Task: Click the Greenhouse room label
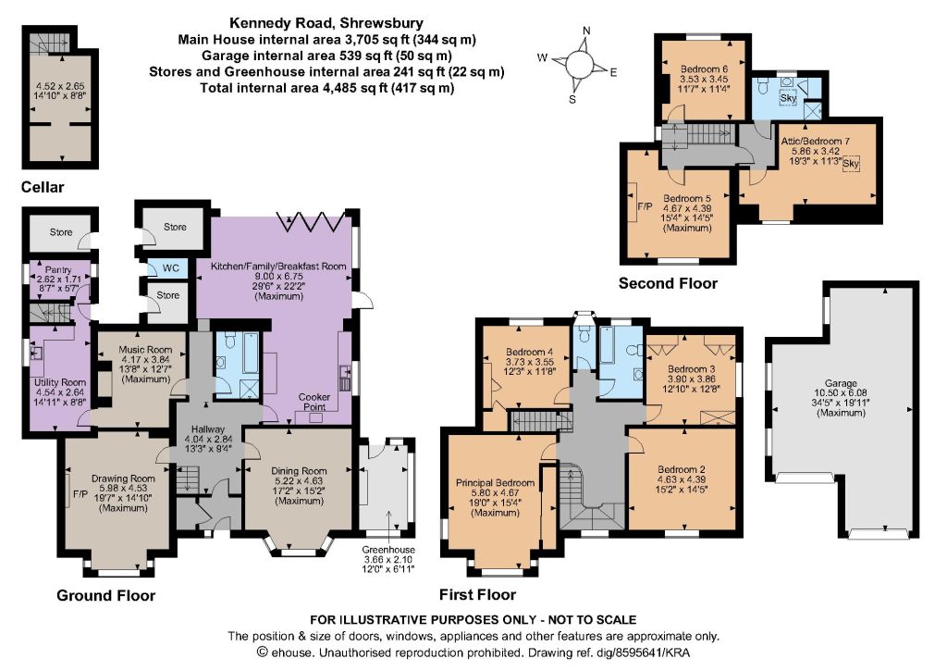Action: pos(388,550)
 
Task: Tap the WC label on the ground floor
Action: pos(171,268)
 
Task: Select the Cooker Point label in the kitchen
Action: pos(314,402)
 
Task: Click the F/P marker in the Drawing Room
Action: pos(80,494)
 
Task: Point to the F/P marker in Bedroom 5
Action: pos(645,206)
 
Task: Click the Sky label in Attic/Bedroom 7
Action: pos(851,163)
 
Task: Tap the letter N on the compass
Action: pos(585,31)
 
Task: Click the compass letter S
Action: pos(572,100)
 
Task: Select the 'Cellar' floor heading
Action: pos(43,187)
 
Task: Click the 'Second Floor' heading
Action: pos(668,283)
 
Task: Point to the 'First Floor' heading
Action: pos(477,595)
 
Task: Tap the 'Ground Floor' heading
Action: pos(105,596)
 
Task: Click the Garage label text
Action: pos(841,383)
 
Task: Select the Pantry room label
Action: pos(58,269)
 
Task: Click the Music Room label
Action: pos(145,350)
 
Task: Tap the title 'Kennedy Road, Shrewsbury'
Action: pos(326,23)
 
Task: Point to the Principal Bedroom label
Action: pos(496,483)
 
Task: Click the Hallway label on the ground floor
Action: pos(208,429)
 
